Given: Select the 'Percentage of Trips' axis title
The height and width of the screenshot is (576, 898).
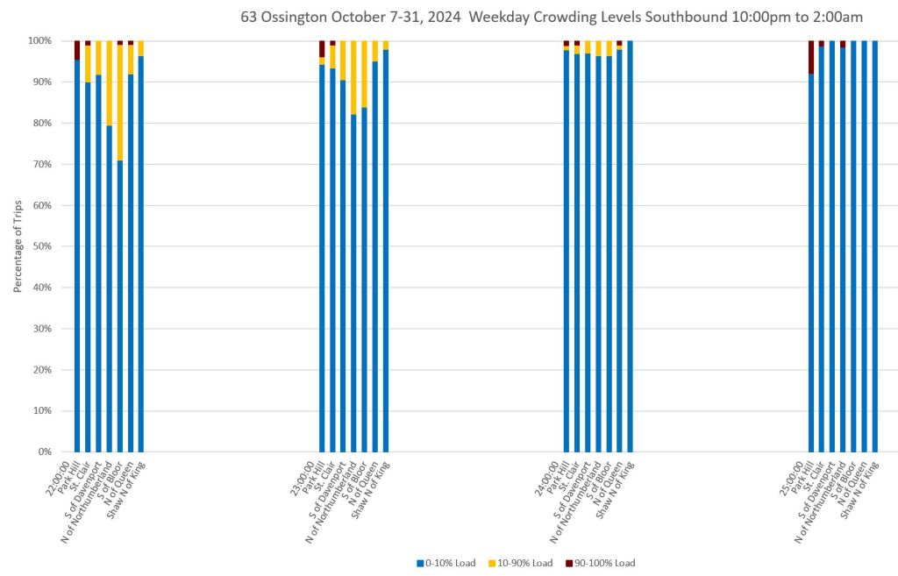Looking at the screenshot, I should [x=18, y=246].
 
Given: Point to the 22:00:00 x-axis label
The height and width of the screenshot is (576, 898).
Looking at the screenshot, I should [x=61, y=474].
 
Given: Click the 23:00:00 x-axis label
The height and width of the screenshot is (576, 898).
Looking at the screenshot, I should [x=307, y=474].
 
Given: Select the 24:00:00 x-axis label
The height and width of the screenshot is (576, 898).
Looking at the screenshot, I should [x=552, y=474].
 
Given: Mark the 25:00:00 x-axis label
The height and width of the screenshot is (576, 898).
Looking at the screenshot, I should [x=797, y=474].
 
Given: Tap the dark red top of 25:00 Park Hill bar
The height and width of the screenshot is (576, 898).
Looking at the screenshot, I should [x=811, y=57].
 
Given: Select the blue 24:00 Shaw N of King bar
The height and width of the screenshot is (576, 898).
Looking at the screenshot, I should [x=630, y=245].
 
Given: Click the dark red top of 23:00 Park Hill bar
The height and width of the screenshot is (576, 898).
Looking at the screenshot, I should [x=322, y=48].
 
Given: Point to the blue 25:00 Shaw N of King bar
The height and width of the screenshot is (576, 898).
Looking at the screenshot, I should [x=874, y=245].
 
